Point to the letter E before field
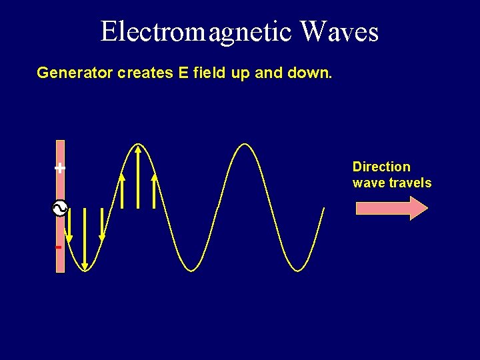pos(183,72)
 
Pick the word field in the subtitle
pos(209,72)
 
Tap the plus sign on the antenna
pos(60,168)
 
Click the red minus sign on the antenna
pos(59,247)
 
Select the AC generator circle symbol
pos(60,209)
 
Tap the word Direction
pos(381,167)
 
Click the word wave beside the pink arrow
pos(366,183)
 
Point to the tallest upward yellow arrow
pos(138,177)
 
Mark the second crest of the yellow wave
pos(245,145)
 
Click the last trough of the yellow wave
pos(299,270)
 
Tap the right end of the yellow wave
pos(323,209)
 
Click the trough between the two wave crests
pos(192,270)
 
